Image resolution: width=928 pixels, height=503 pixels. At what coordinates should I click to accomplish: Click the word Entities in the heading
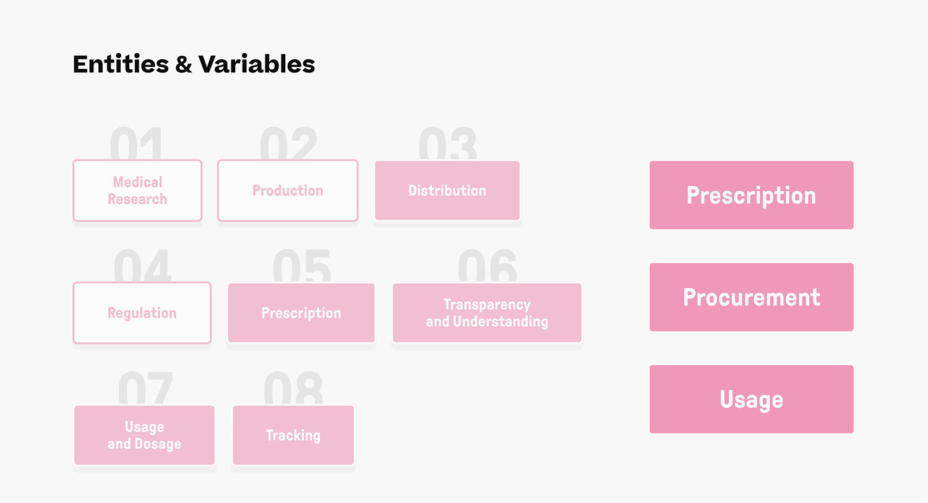click(x=121, y=64)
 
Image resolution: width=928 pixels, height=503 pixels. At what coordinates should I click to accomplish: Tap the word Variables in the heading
click(x=257, y=64)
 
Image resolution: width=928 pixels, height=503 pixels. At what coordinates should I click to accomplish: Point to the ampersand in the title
click(x=184, y=64)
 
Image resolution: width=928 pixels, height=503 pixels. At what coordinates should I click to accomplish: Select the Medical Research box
click(x=137, y=191)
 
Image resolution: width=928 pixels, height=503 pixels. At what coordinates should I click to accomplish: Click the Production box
click(x=288, y=191)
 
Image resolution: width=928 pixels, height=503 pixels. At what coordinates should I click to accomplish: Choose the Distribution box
click(x=447, y=191)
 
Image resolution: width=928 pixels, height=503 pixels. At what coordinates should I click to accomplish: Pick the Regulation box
click(x=142, y=313)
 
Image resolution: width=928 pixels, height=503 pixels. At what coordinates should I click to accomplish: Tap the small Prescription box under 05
click(x=301, y=313)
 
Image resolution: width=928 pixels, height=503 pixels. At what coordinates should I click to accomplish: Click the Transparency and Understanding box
click(x=487, y=313)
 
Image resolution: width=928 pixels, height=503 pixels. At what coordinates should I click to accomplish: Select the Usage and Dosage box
click(x=144, y=435)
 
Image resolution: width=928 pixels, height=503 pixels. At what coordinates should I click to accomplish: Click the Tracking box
click(x=293, y=435)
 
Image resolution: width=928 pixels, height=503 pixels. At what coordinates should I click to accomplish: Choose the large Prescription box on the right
click(x=751, y=195)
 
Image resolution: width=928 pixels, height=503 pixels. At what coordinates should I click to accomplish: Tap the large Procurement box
click(x=751, y=297)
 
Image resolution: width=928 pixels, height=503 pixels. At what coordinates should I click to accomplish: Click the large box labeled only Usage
click(x=751, y=399)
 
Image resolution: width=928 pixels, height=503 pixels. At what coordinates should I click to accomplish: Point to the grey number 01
click(x=136, y=144)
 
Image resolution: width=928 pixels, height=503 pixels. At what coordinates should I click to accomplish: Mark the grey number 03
click(x=448, y=144)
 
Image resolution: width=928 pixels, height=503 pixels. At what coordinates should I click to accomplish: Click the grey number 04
click(x=142, y=265)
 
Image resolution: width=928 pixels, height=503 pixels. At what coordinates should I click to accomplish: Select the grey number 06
click(x=488, y=265)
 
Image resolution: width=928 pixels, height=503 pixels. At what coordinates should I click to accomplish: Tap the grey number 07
click(x=145, y=388)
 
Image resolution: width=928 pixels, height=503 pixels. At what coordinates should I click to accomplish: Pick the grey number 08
click(x=293, y=388)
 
